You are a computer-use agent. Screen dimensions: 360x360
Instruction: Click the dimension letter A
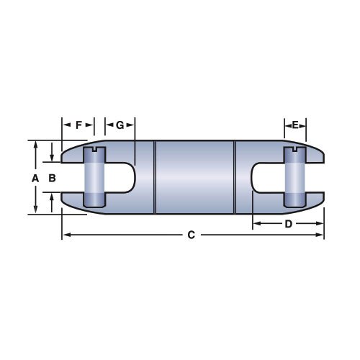(35, 177)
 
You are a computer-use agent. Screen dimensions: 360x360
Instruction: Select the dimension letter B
(52, 177)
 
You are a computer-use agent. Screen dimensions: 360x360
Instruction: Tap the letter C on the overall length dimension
(191, 235)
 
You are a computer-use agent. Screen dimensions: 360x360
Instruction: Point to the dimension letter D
(288, 224)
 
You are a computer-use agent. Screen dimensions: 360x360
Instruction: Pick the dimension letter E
(294, 125)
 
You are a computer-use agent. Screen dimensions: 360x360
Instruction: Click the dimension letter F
(78, 125)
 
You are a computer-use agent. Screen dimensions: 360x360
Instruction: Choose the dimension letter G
(120, 125)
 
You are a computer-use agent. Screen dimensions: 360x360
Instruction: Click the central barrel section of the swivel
(194, 176)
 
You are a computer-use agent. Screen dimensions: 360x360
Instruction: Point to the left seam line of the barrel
(156, 176)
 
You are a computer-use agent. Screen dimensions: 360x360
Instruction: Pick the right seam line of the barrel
(234, 176)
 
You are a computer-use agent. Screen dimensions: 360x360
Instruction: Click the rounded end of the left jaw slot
(132, 177)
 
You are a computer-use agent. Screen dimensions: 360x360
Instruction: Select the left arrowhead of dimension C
(65, 235)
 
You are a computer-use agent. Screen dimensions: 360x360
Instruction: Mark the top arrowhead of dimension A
(35, 143)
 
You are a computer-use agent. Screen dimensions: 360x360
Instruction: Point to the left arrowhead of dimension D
(256, 224)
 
